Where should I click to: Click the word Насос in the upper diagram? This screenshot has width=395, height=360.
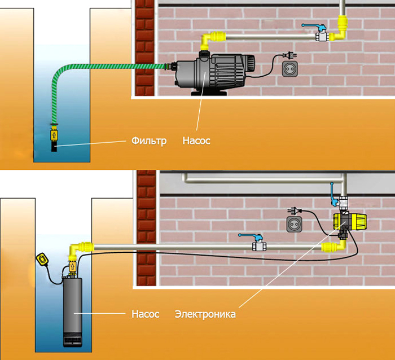tap(196, 141)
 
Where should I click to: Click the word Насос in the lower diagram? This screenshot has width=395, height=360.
tap(145, 313)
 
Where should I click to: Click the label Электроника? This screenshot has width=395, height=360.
tap(205, 314)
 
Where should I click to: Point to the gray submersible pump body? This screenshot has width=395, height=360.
tap(73, 305)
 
